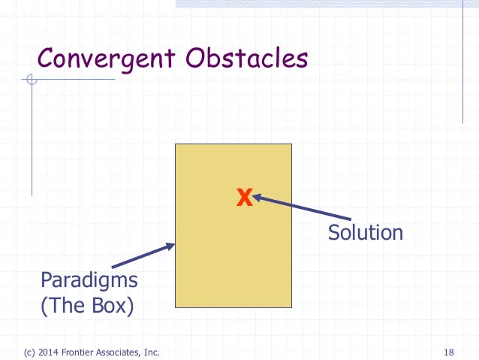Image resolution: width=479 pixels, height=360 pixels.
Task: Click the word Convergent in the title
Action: coord(106,58)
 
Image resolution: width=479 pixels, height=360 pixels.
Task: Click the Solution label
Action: coord(365,232)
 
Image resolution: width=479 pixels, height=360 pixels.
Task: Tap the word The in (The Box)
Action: coord(66,307)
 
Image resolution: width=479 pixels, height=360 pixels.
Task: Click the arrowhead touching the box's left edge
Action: coord(171,245)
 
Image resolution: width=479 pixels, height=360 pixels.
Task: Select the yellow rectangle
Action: coord(233,263)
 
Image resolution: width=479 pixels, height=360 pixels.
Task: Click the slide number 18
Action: coord(449,352)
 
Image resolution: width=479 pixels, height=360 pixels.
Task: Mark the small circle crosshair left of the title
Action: coord(31,80)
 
